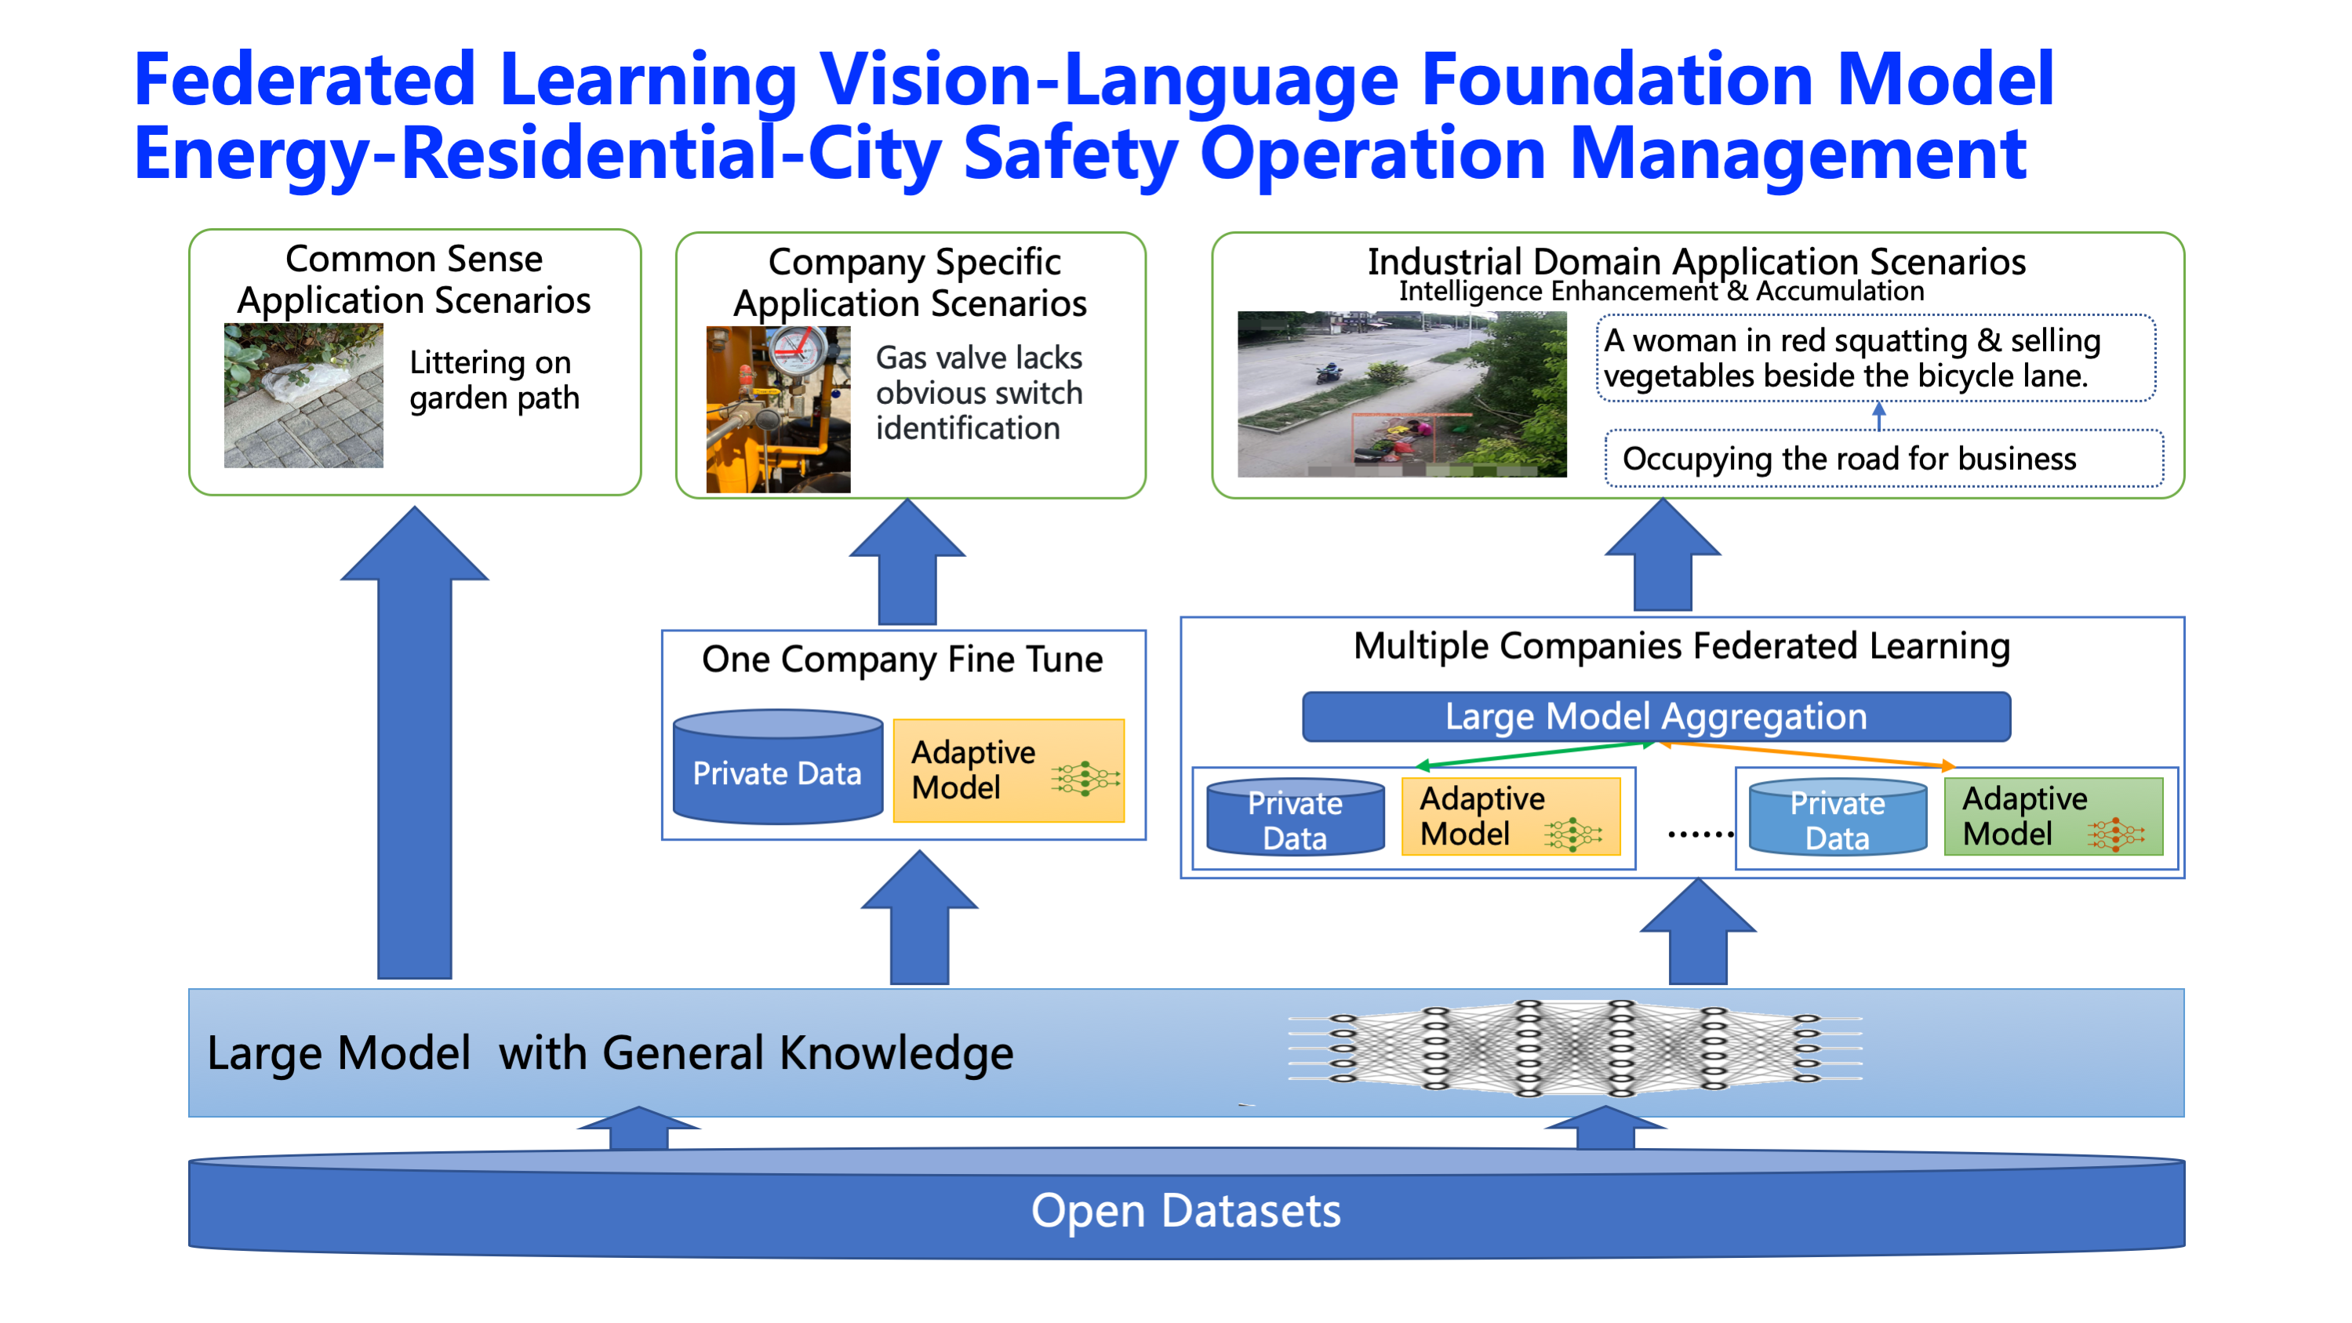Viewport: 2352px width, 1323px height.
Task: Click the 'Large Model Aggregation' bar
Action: (1656, 717)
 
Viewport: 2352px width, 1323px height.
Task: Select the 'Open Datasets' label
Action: (1185, 1211)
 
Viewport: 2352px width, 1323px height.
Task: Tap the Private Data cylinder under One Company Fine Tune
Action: (778, 767)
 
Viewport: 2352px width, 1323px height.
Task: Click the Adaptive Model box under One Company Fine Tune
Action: (1009, 771)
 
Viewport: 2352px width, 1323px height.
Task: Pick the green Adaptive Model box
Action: (2053, 816)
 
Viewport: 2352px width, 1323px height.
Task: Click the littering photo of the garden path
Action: (304, 395)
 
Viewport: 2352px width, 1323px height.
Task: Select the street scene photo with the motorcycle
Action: (1401, 394)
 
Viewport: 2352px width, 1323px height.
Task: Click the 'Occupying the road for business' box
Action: (1884, 458)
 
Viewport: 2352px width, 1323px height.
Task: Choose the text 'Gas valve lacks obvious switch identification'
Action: (979, 393)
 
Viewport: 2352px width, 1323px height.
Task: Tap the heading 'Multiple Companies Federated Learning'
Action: (1681, 645)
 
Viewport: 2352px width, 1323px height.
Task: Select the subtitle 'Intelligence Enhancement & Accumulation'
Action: (1662, 291)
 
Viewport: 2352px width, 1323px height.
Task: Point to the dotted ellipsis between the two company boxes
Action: (1700, 834)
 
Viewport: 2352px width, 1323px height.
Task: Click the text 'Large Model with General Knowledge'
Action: (610, 1052)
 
